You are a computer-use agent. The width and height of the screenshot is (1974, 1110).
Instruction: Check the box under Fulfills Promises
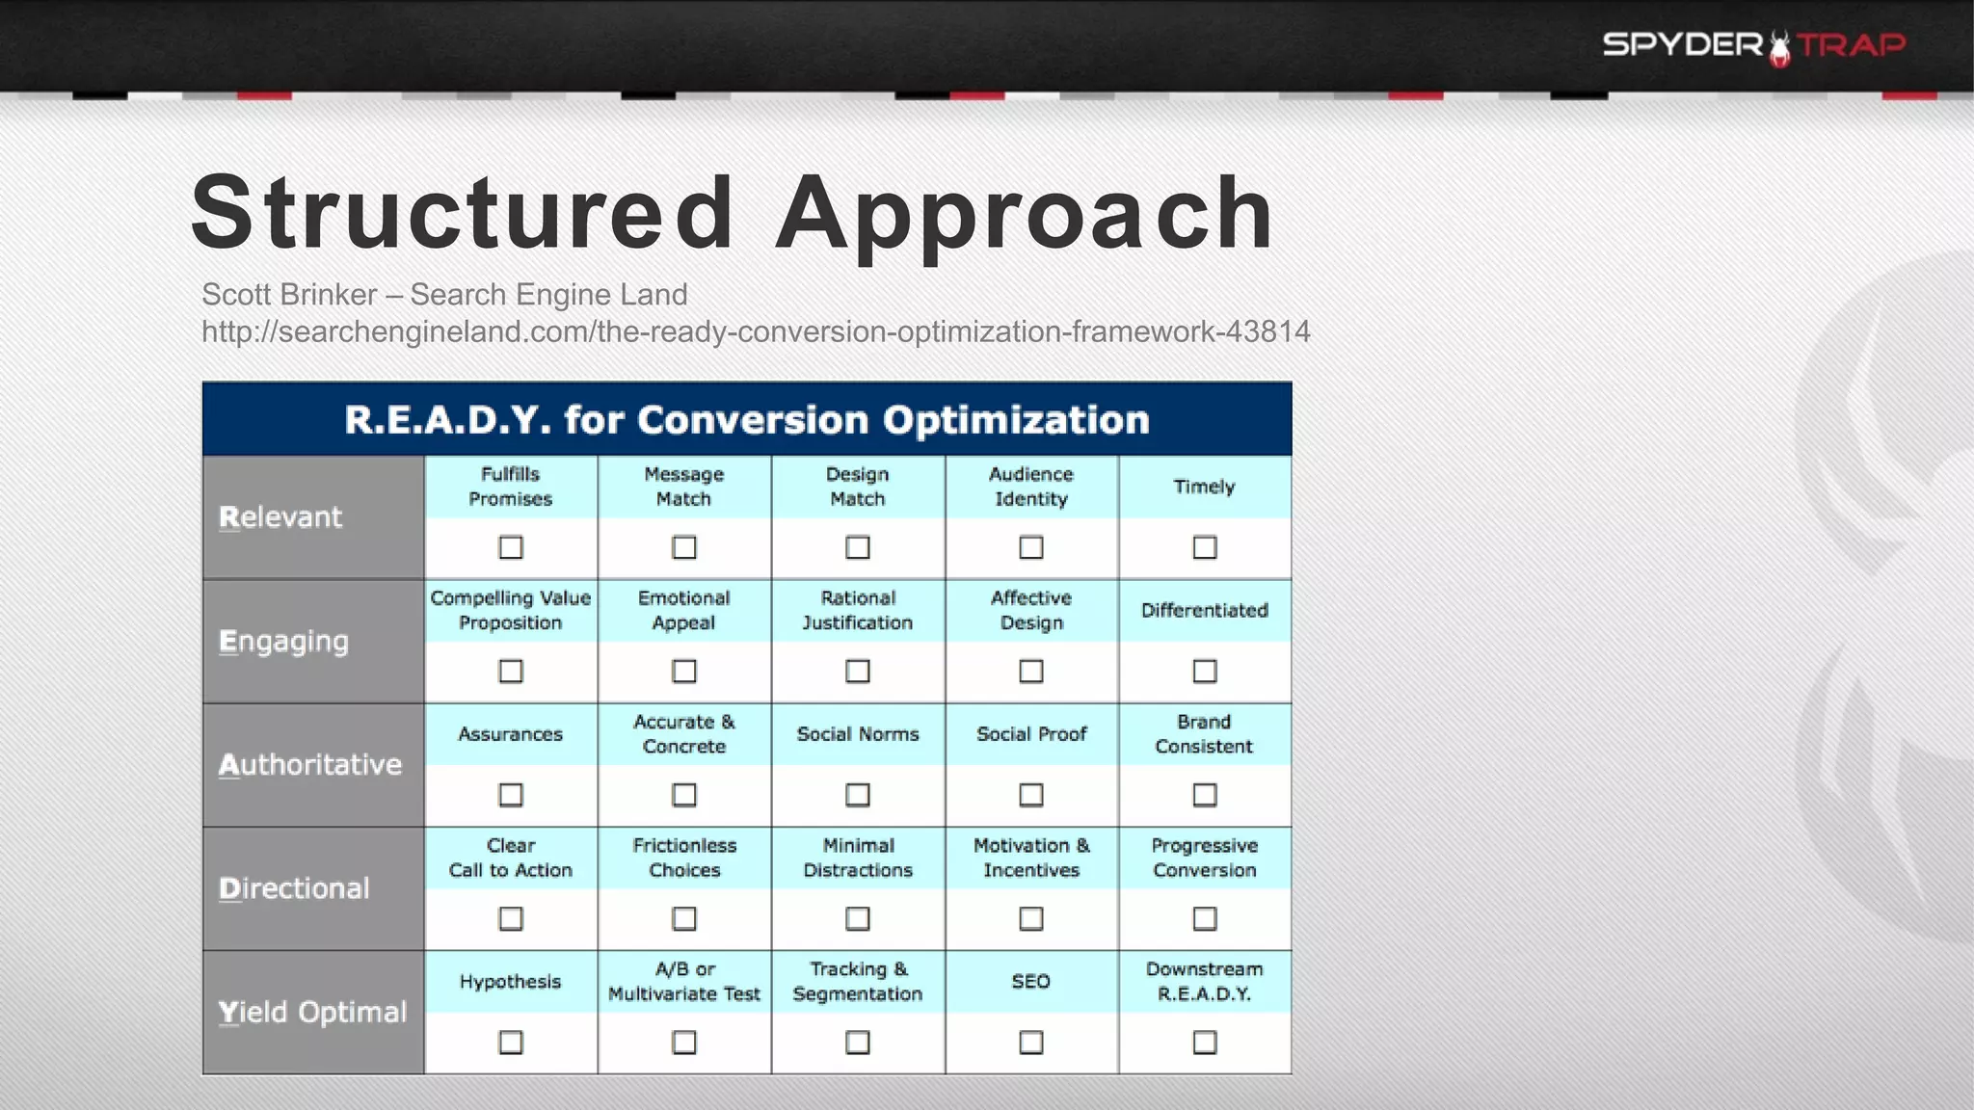[x=511, y=547]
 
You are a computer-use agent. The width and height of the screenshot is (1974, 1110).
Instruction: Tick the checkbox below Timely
[x=1205, y=547]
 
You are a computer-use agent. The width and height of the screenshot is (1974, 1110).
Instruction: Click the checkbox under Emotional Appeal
[x=684, y=671]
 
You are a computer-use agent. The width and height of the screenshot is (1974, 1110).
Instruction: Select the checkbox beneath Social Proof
[x=1031, y=795]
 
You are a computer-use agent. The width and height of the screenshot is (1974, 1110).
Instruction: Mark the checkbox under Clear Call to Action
[x=511, y=918]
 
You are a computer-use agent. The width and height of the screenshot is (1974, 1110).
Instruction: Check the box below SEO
[x=1031, y=1043]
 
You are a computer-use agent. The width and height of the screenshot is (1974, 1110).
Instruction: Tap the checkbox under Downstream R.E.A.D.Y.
[x=1205, y=1043]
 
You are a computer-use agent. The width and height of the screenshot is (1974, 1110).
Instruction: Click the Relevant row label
[x=280, y=517]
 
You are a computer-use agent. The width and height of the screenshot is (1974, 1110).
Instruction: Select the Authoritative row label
[x=309, y=765]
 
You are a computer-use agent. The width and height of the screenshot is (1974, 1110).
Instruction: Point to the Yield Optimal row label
[x=312, y=1013]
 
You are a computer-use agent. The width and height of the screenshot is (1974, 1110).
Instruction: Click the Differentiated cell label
[x=1205, y=610]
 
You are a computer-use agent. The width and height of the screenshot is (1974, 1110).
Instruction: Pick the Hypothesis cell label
[x=510, y=982]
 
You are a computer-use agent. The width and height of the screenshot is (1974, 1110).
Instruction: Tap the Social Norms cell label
[x=858, y=734]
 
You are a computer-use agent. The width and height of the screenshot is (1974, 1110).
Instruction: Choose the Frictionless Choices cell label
[x=684, y=858]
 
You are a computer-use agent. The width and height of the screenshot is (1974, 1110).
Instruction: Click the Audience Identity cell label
[x=1031, y=487]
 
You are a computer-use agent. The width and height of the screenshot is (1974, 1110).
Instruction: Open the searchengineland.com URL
[x=756, y=331]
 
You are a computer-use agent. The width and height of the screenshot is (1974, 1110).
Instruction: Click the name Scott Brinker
[x=289, y=295]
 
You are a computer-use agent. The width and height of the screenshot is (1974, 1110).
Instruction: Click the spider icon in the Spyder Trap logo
[x=1779, y=48]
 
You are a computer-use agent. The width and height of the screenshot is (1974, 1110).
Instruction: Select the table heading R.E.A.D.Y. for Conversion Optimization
[x=747, y=420]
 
